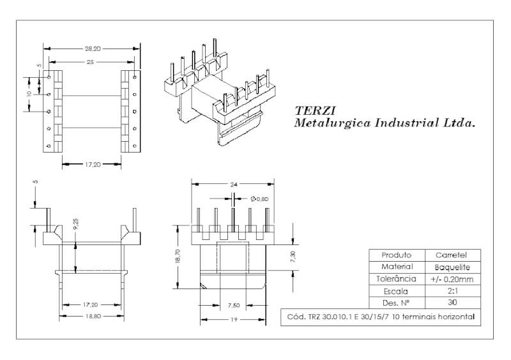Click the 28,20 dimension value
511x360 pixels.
tap(93, 49)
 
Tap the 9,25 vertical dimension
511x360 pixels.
tap(76, 224)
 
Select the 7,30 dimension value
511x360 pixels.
tap(293, 257)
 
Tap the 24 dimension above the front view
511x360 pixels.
tap(233, 184)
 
